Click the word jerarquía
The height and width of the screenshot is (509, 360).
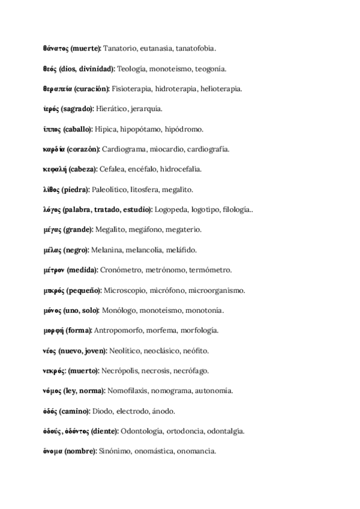point(146,109)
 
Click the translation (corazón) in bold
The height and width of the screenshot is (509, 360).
point(83,149)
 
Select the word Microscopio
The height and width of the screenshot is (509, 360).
point(124,291)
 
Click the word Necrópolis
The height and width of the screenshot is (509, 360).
point(123,371)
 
